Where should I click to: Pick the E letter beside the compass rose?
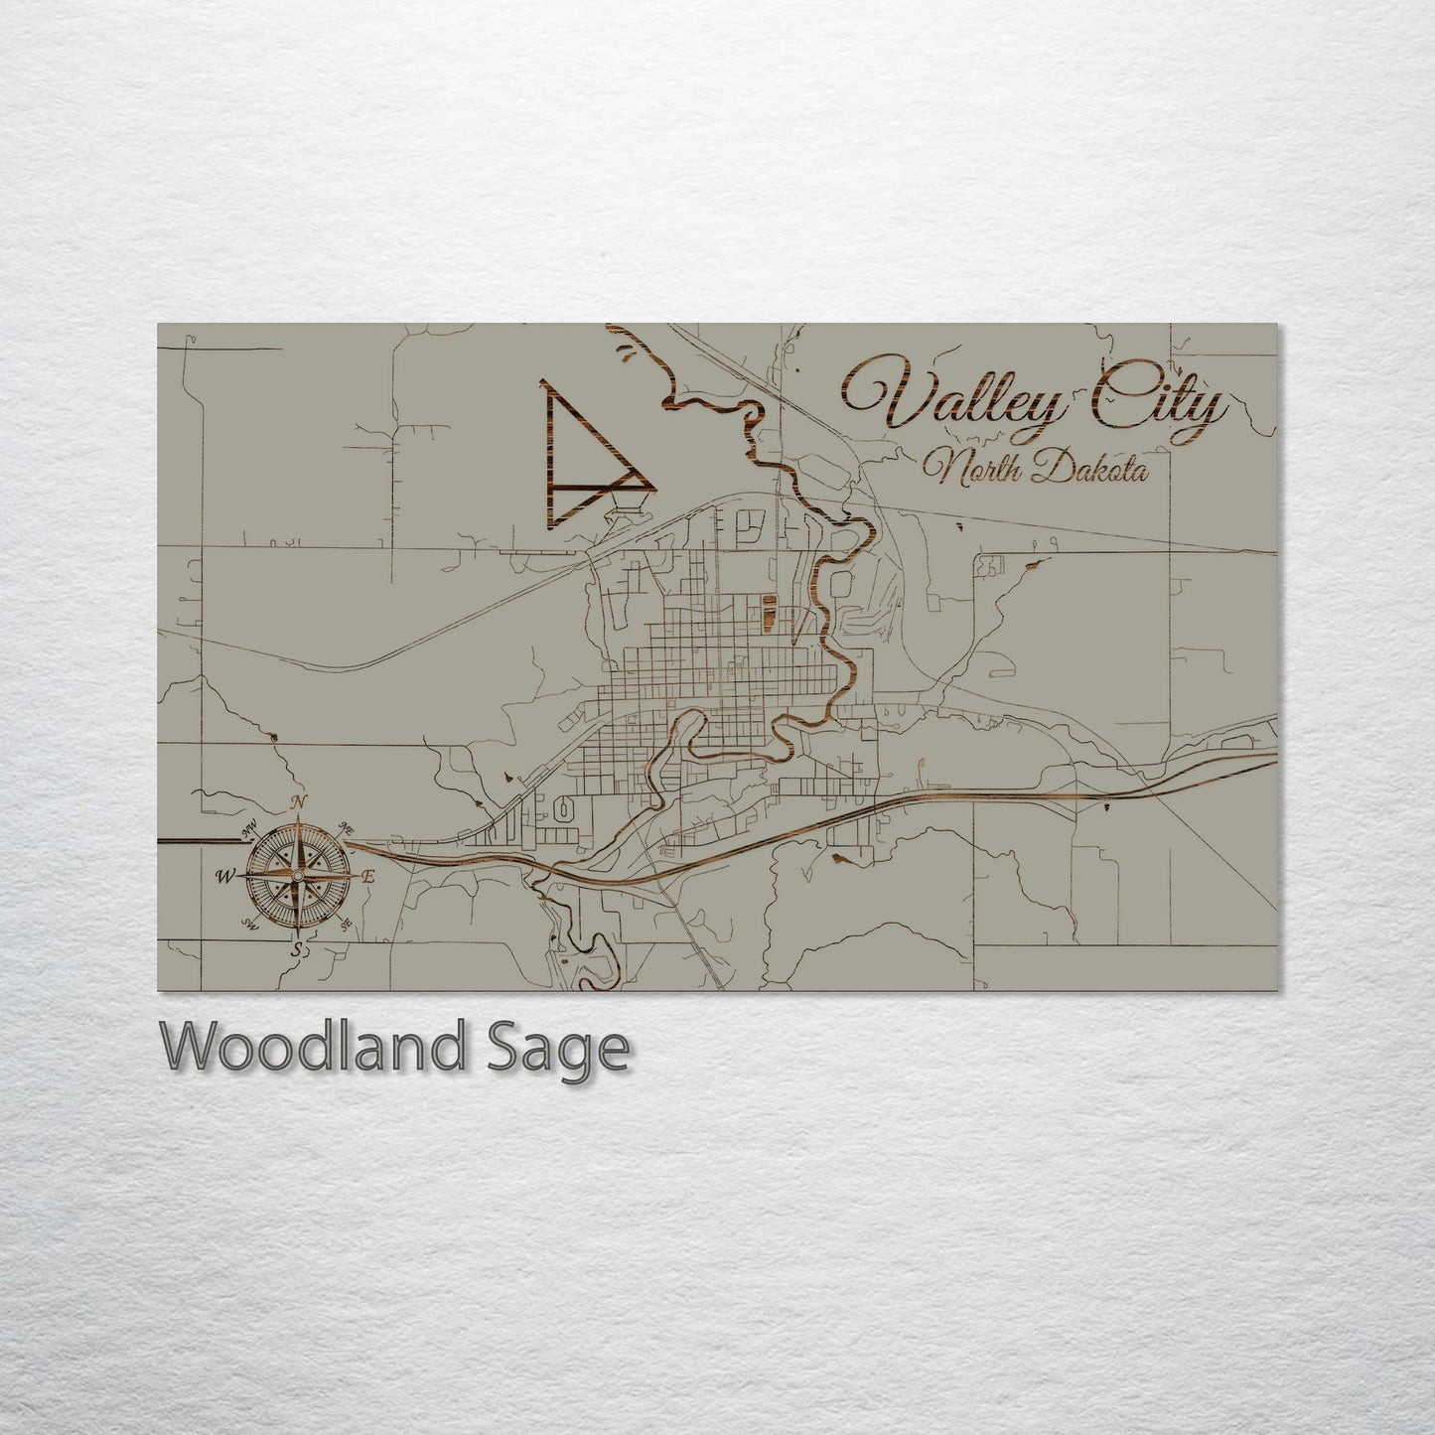tap(367, 877)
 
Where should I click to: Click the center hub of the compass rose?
tap(296, 876)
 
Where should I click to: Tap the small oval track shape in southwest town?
tap(563, 810)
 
